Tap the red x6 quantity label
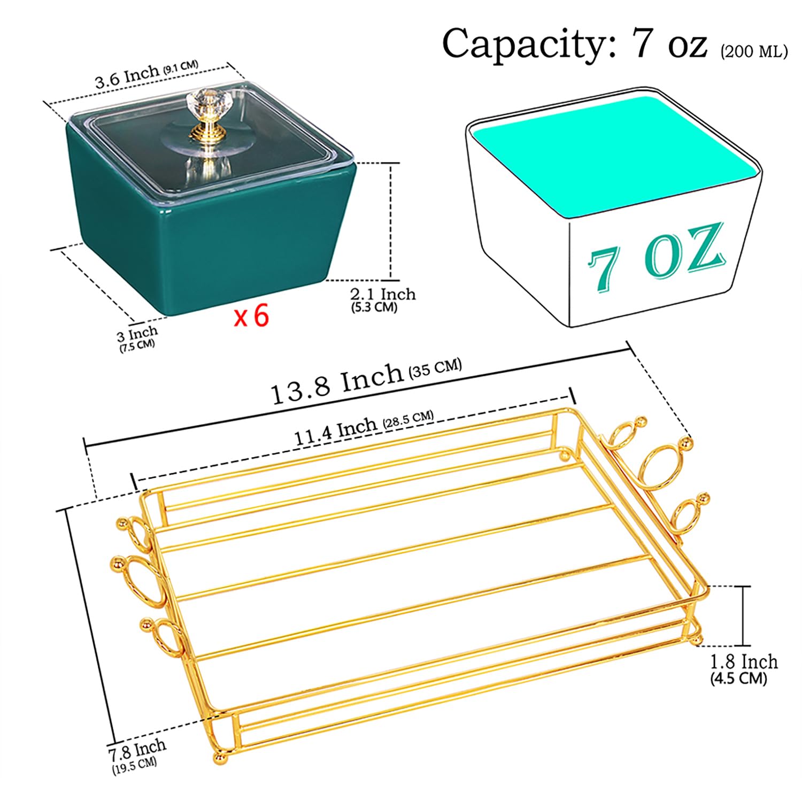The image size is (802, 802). (x=251, y=316)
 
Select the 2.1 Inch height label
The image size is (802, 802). (x=383, y=294)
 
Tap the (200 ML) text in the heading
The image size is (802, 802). (x=754, y=51)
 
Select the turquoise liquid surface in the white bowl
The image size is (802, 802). (x=613, y=155)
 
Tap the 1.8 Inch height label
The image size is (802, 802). (x=744, y=662)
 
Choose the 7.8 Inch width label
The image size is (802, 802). (x=137, y=750)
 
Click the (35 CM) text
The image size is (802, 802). (x=435, y=368)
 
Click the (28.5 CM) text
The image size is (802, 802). (x=408, y=420)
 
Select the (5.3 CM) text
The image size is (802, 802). (x=374, y=307)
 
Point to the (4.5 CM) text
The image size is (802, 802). (x=738, y=679)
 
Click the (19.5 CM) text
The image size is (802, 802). (x=134, y=766)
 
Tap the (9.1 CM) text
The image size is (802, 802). (x=181, y=66)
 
